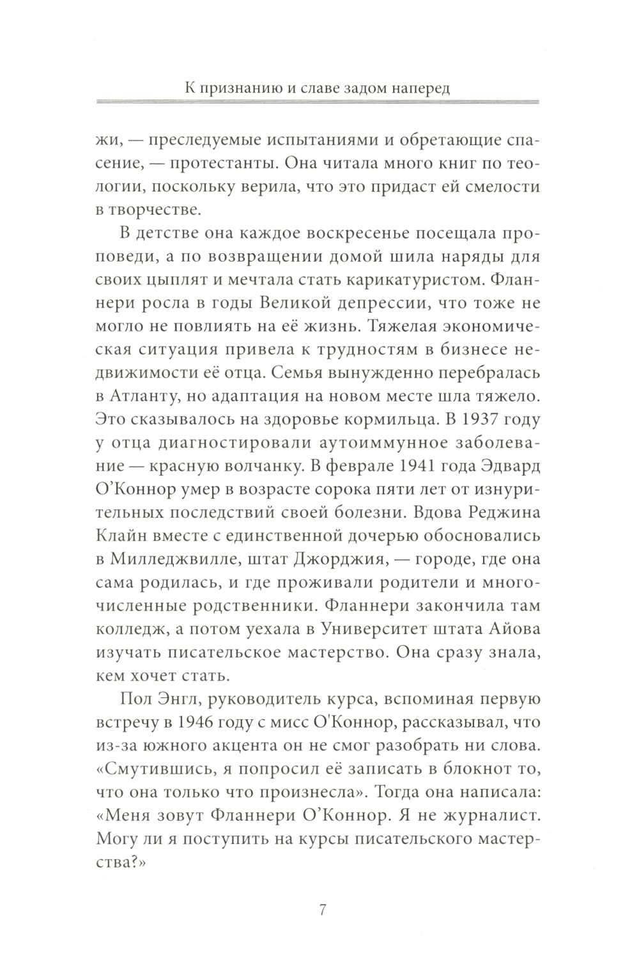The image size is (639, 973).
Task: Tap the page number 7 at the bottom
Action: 322,910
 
